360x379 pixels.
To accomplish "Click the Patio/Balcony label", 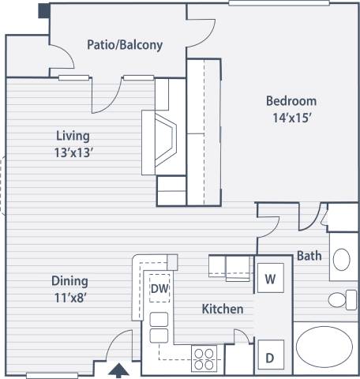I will [x=124, y=45].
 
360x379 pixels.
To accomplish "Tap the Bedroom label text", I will [x=291, y=101].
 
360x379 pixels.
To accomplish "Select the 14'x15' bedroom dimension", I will [x=291, y=118].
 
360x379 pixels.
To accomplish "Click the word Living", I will [x=72, y=136].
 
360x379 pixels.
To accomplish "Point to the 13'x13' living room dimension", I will [x=72, y=152].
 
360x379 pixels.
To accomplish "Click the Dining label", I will [x=69, y=280].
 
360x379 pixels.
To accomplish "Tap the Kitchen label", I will [x=222, y=309].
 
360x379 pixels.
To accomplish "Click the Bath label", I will [x=308, y=255].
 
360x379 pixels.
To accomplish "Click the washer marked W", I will [x=270, y=278].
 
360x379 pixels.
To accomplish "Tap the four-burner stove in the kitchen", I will [x=205, y=358].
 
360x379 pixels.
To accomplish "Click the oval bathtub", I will [x=325, y=348].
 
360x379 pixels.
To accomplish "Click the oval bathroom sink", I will [x=341, y=259].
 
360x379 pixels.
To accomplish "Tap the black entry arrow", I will [x=119, y=369].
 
